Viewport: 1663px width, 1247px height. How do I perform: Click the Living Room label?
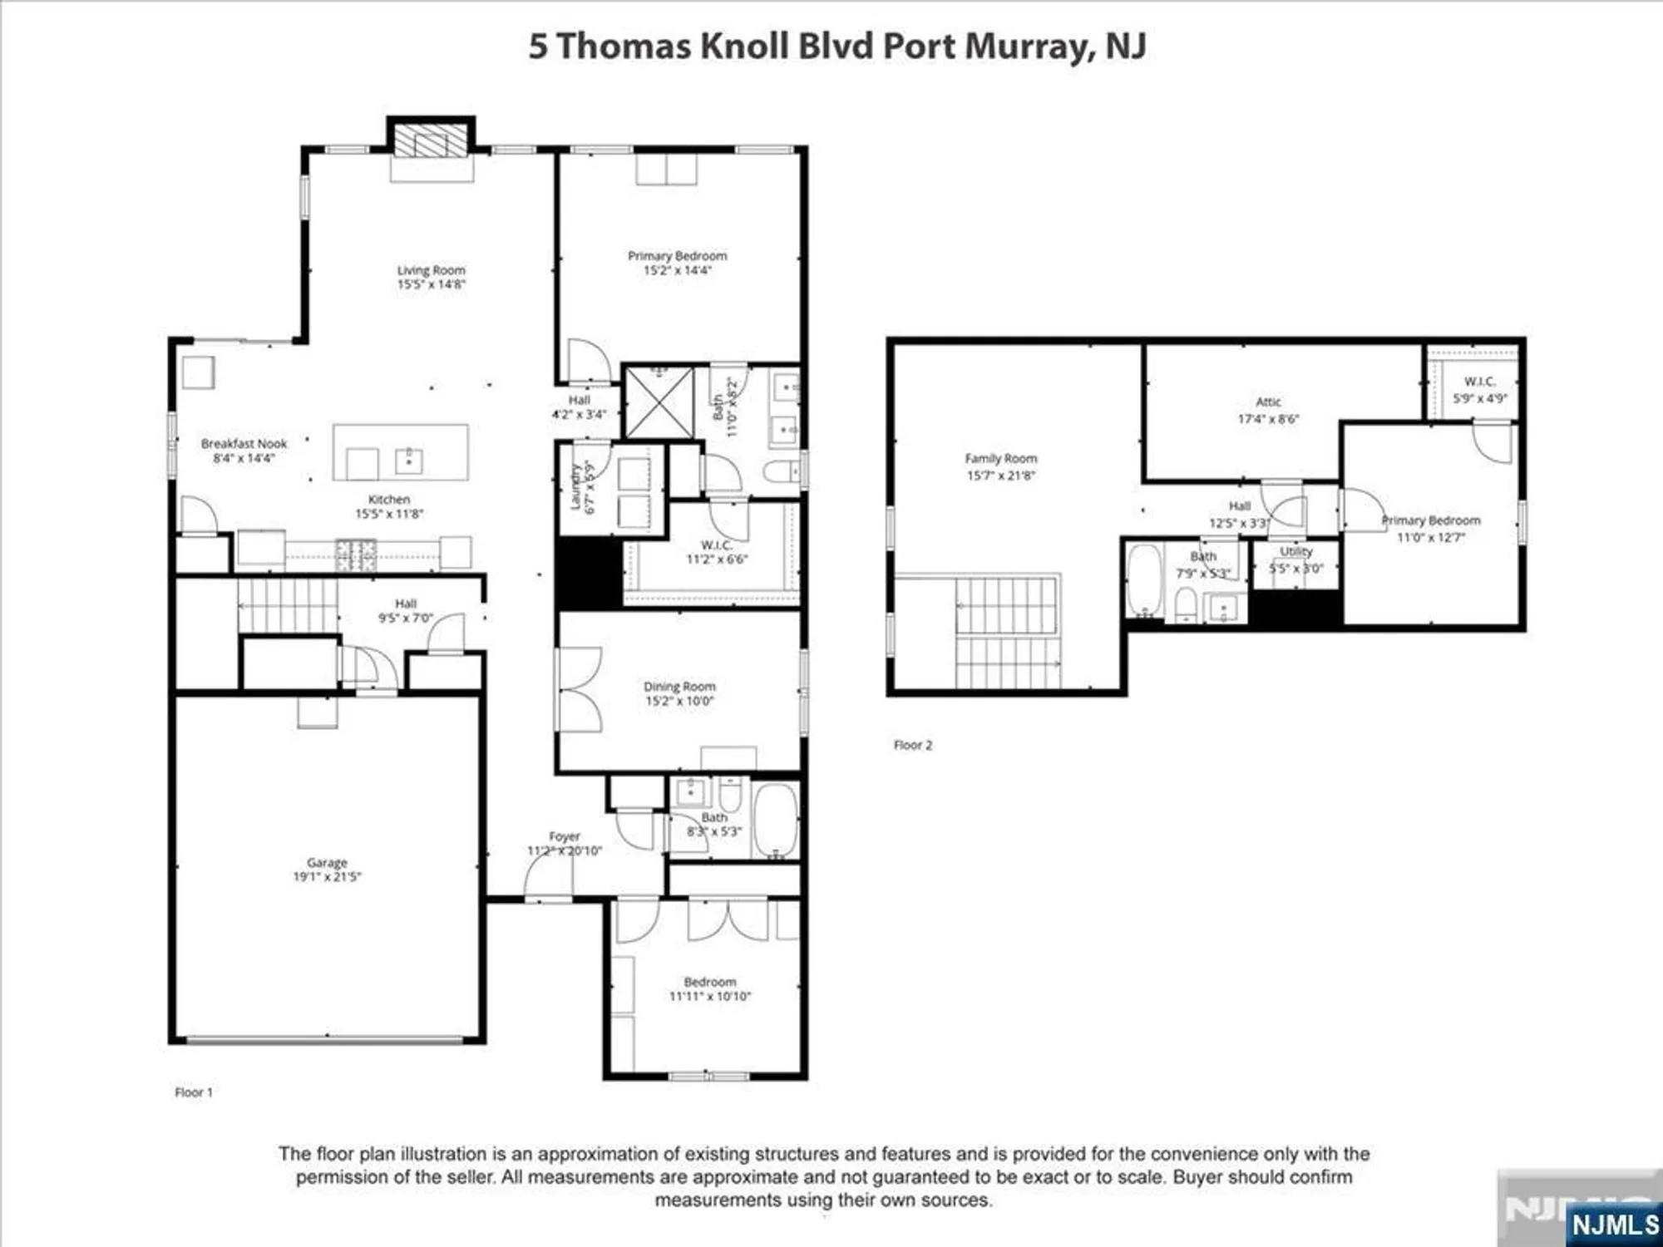pyautogui.click(x=431, y=270)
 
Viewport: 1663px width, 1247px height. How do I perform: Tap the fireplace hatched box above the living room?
pyautogui.click(x=431, y=140)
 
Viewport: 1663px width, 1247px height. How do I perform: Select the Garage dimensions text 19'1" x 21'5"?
pyautogui.click(x=327, y=877)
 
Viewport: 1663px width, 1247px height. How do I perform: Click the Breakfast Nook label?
pyautogui.click(x=244, y=444)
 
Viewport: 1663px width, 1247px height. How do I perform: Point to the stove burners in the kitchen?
pyautogui.click(x=356, y=554)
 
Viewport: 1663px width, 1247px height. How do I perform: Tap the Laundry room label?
pyautogui.click(x=575, y=488)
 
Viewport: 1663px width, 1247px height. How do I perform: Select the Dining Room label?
pyautogui.click(x=679, y=687)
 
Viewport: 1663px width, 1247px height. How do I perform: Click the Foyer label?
pyautogui.click(x=564, y=836)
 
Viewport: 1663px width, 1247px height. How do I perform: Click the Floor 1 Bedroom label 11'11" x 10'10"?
pyautogui.click(x=709, y=989)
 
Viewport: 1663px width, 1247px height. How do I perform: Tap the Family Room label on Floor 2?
pyautogui.click(x=1000, y=459)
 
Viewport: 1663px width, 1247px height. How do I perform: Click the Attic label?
pyautogui.click(x=1268, y=402)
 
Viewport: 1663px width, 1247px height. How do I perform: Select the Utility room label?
pyautogui.click(x=1295, y=552)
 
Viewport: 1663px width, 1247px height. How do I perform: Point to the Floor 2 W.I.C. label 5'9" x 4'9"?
pyautogui.click(x=1479, y=390)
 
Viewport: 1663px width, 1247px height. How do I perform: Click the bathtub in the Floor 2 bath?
pyautogui.click(x=1145, y=579)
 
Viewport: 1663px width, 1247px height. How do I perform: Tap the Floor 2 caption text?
pyautogui.click(x=912, y=746)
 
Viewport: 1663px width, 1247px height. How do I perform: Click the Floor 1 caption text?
pyautogui.click(x=194, y=1092)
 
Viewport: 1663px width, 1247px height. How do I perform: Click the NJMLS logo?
pyautogui.click(x=1615, y=1224)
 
